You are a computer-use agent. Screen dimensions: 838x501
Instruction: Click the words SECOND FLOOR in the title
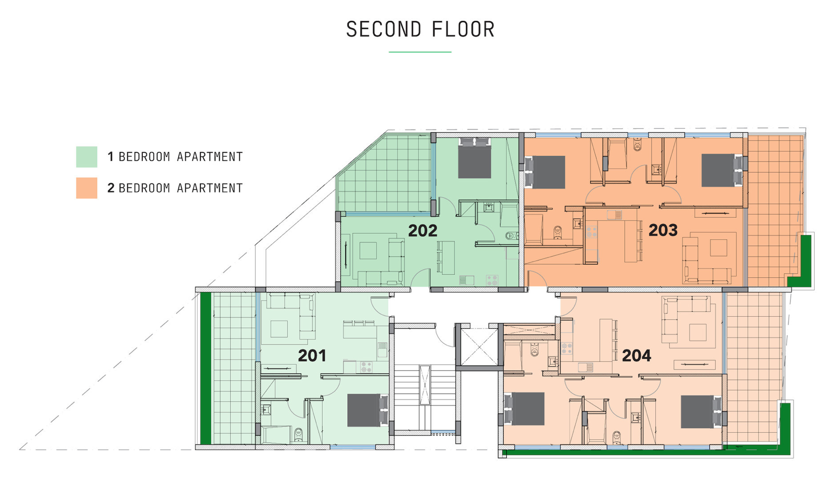pyautogui.click(x=420, y=30)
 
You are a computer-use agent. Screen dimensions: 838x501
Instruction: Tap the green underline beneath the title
pyautogui.click(x=420, y=52)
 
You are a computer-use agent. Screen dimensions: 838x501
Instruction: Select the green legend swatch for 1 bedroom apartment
pyautogui.click(x=86, y=157)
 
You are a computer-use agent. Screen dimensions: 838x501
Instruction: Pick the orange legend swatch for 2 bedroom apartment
pyautogui.click(x=86, y=188)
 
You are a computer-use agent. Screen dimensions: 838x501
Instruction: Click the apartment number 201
pyautogui.click(x=312, y=356)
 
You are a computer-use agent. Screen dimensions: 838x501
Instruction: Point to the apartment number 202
pyautogui.click(x=423, y=230)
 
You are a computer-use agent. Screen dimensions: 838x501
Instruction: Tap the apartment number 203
pyautogui.click(x=663, y=230)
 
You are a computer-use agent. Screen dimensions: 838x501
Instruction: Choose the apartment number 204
pyautogui.click(x=637, y=356)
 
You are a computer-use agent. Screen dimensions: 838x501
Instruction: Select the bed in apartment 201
pyautogui.click(x=368, y=410)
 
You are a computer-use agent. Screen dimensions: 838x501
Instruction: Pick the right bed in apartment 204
pyautogui.click(x=701, y=412)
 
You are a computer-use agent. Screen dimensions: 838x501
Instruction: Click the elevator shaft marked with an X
pyautogui.click(x=479, y=346)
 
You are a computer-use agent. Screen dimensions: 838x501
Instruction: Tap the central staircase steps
pyautogui.click(x=425, y=398)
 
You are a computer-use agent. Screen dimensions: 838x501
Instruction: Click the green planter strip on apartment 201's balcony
pyautogui.click(x=206, y=369)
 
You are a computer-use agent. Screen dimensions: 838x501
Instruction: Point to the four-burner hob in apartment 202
pyautogui.click(x=492, y=280)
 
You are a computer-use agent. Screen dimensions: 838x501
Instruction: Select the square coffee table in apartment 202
pyautogui.click(x=368, y=250)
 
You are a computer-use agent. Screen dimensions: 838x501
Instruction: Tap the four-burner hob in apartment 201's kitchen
pyautogui.click(x=366, y=367)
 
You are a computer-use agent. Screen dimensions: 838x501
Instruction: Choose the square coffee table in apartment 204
pyautogui.click(x=698, y=332)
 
